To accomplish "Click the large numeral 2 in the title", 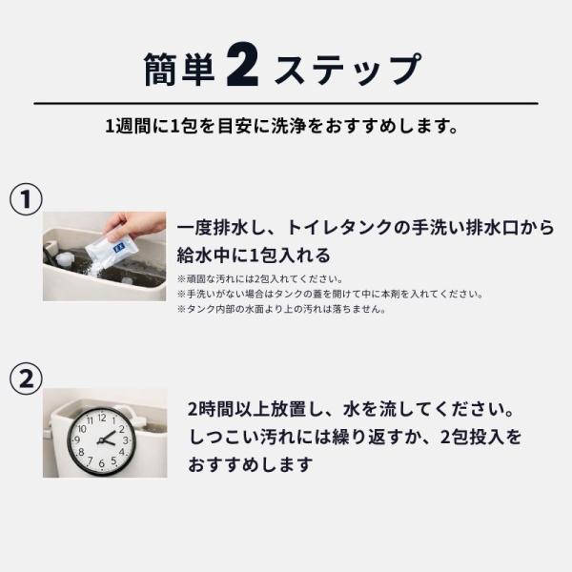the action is [242, 67].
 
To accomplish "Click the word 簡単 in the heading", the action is [179, 70].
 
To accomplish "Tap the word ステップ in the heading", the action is [348, 70].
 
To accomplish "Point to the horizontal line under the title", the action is [286, 104].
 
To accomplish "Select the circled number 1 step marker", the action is [26, 199].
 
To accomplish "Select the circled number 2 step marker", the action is [26, 378].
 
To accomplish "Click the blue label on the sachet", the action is [119, 248].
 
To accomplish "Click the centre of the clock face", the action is [102, 441].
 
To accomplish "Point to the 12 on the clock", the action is [102, 418].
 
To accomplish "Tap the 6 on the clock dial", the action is [101, 464].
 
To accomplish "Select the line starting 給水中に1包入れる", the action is [254, 255].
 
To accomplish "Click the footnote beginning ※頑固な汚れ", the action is [260, 279].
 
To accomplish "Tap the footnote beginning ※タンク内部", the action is [281, 309].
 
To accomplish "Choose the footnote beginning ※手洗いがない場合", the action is [331, 294].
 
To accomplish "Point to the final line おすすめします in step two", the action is [251, 465].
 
